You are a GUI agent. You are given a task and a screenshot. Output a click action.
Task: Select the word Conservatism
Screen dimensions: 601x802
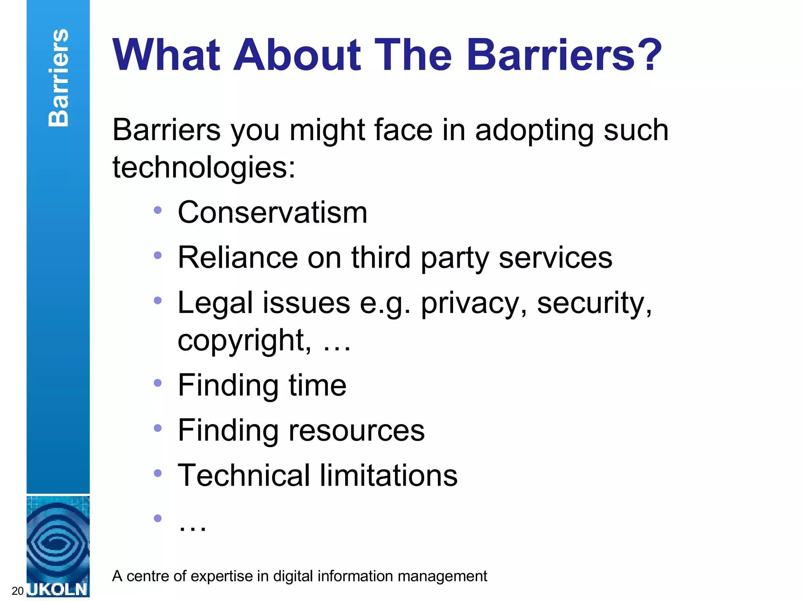[x=273, y=212]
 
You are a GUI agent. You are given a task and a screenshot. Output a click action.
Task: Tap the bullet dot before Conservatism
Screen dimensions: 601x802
[x=158, y=211]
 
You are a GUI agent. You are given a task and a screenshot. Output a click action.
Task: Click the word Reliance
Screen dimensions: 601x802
[x=237, y=257]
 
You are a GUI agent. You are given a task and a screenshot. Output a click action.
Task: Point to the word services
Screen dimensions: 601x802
[x=555, y=257]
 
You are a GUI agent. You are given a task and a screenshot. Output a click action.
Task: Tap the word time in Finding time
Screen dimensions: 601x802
[x=318, y=385]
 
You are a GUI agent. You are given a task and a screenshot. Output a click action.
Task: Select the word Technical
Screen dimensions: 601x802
[x=244, y=475]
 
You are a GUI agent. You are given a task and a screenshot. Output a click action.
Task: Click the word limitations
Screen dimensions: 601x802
[x=388, y=475]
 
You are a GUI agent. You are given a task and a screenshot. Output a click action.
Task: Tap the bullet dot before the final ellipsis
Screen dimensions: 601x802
[x=158, y=518]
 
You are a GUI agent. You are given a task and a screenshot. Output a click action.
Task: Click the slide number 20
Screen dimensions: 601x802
[x=18, y=591]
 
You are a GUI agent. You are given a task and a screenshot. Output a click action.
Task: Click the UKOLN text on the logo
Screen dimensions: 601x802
[x=58, y=589]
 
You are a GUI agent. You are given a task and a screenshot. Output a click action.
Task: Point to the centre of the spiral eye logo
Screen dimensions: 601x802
[x=58, y=542]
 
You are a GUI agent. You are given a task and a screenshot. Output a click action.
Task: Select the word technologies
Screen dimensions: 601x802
[x=204, y=167]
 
